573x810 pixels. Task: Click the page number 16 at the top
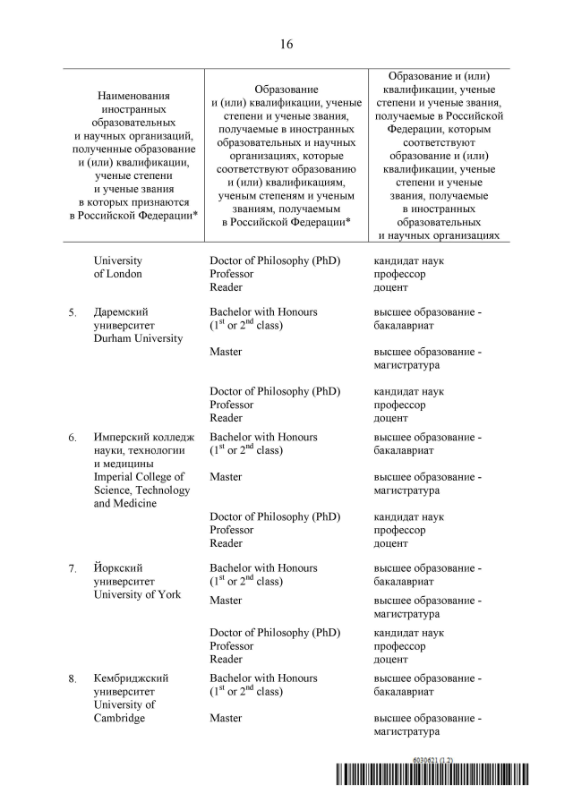[286, 43]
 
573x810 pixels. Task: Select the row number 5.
[73, 312]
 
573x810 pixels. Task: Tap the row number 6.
[73, 438]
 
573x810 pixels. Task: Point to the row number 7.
[73, 568]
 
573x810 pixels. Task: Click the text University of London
[117, 268]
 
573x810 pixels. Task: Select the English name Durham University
[138, 338]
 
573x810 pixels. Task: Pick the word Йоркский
[118, 568]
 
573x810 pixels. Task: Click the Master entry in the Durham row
[226, 352]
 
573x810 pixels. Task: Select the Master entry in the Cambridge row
[226, 719]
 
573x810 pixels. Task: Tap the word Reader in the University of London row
[226, 287]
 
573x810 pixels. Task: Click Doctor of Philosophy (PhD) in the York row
[275, 633]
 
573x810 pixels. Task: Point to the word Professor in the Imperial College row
[231, 530]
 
